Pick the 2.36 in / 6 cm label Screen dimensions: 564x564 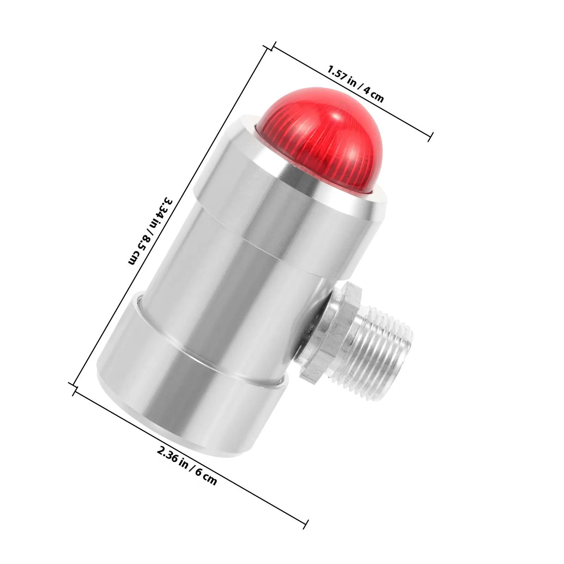coord(187,465)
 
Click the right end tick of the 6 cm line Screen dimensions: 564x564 coord(306,524)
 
